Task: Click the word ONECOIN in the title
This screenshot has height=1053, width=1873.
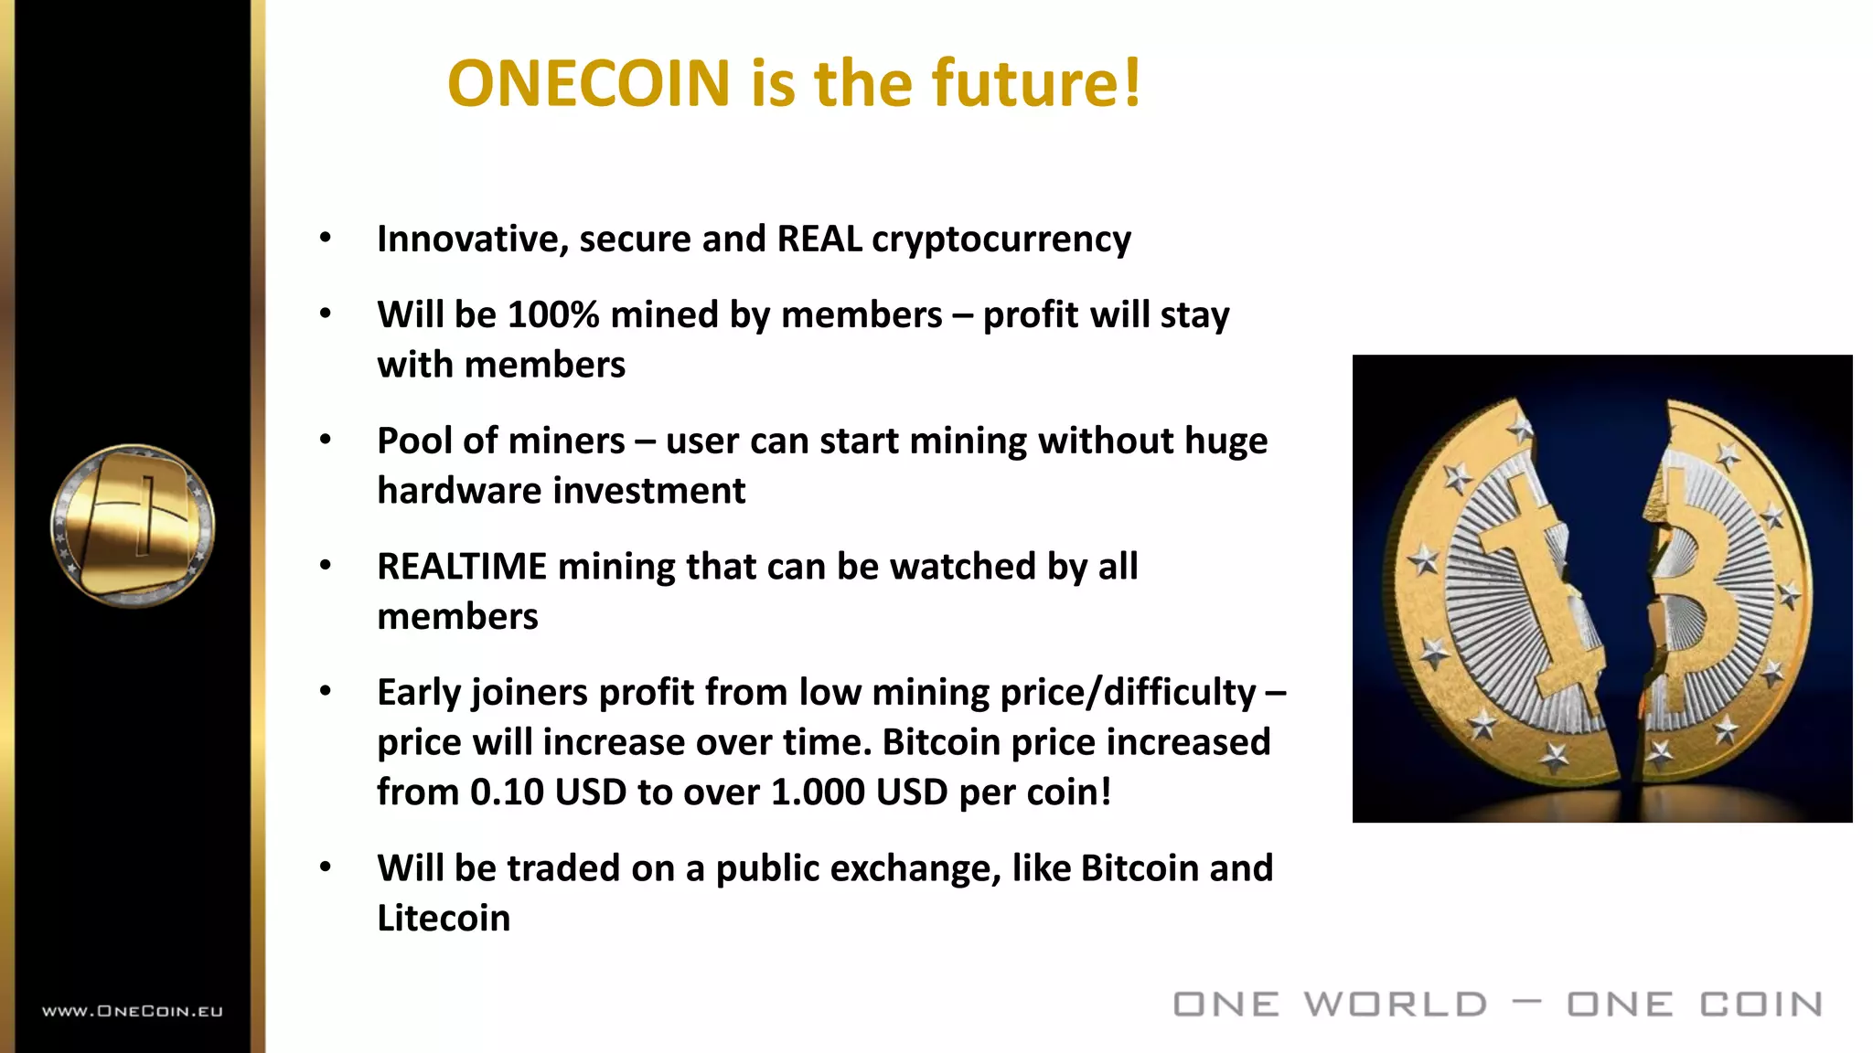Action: tap(589, 83)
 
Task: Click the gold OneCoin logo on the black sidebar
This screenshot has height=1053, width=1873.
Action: tap(133, 526)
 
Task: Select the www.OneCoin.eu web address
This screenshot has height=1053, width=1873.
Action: tap(133, 1011)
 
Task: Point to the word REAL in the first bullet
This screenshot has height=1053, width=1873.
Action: tap(819, 239)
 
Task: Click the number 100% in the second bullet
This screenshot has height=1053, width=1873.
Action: tap(553, 315)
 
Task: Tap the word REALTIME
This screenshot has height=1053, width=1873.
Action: tap(462, 567)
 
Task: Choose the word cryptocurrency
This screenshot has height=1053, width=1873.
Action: tap(1001, 239)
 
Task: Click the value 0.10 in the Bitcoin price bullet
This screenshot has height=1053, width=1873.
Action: tap(507, 792)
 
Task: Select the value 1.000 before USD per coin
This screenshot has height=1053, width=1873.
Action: tap(818, 792)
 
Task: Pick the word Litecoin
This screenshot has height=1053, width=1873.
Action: tap(444, 919)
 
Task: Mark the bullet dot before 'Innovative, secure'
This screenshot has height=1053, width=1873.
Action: tap(326, 239)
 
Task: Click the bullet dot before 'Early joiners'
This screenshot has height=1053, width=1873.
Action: tap(326, 692)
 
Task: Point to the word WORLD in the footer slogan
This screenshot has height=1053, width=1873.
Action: tap(1396, 1005)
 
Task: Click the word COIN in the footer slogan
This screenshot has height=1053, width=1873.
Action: tap(1761, 1005)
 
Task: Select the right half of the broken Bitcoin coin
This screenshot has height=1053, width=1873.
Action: tap(1719, 585)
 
